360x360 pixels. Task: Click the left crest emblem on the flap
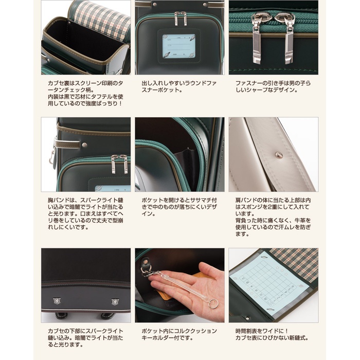[57, 300]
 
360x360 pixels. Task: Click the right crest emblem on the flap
[115, 302]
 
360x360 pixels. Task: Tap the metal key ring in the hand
[213, 304]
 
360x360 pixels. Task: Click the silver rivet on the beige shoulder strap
[279, 155]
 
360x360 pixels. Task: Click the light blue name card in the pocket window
[178, 46]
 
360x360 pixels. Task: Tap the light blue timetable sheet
[267, 285]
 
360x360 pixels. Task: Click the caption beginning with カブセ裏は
[85, 93]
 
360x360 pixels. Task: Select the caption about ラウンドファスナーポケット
[179, 86]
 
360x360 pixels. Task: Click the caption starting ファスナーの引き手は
[273, 86]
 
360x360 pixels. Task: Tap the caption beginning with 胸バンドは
[85, 214]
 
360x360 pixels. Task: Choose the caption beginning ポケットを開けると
[179, 207]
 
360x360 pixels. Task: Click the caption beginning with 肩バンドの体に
[273, 217]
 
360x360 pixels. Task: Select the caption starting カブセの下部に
[85, 338]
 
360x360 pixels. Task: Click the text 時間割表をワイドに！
[262, 331]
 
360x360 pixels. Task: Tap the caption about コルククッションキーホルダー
[179, 334]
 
